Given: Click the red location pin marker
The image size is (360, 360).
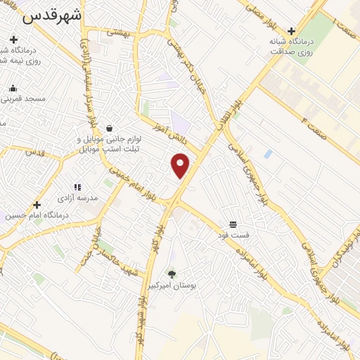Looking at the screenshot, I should [x=181, y=165].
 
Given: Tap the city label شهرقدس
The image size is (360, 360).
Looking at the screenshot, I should [x=52, y=15].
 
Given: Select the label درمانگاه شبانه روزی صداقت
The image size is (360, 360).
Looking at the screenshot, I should [x=291, y=46].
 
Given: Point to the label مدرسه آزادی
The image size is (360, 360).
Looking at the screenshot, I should [x=77, y=198].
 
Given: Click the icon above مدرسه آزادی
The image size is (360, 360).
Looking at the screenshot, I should [x=77, y=187].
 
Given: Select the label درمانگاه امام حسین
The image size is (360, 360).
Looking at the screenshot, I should [x=35, y=216].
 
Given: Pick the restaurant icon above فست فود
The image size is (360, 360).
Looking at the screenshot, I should [x=233, y=225].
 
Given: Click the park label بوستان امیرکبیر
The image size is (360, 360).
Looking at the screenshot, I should [x=172, y=285].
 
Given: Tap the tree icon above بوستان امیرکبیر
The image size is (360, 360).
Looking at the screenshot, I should [x=172, y=274].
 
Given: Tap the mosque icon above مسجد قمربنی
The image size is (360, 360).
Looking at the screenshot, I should [x=13, y=88].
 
